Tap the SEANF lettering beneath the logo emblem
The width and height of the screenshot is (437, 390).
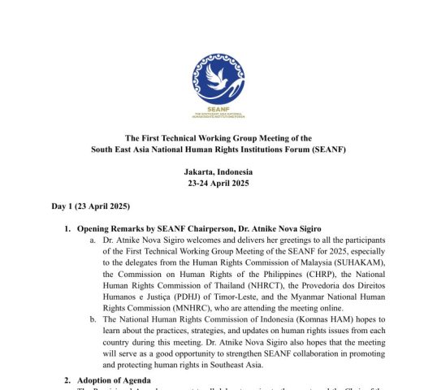point(218,107)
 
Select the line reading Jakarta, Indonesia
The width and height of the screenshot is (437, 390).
point(218,172)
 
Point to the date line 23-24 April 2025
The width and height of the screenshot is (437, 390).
point(218,184)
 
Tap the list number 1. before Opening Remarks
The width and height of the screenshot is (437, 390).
point(67,229)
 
